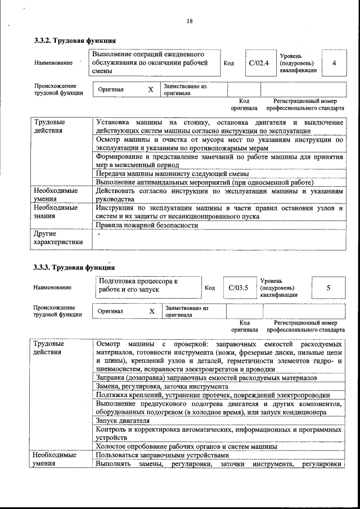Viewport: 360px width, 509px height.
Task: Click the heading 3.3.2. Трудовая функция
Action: coord(75,40)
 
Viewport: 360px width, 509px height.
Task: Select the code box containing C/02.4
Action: coord(259,63)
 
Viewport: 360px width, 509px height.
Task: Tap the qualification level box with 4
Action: coord(334,63)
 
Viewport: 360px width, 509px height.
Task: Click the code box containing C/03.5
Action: coord(238,288)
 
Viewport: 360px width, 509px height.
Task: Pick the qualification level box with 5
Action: coord(328,288)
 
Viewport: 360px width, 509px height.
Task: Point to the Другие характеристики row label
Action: coord(58,238)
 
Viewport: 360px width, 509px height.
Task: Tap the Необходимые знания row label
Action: coord(56,212)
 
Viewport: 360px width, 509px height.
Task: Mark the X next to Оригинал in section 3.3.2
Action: coord(150,89)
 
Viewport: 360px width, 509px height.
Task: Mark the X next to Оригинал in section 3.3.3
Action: coord(151,311)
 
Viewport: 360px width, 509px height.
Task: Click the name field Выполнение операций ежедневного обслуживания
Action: coord(155,63)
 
